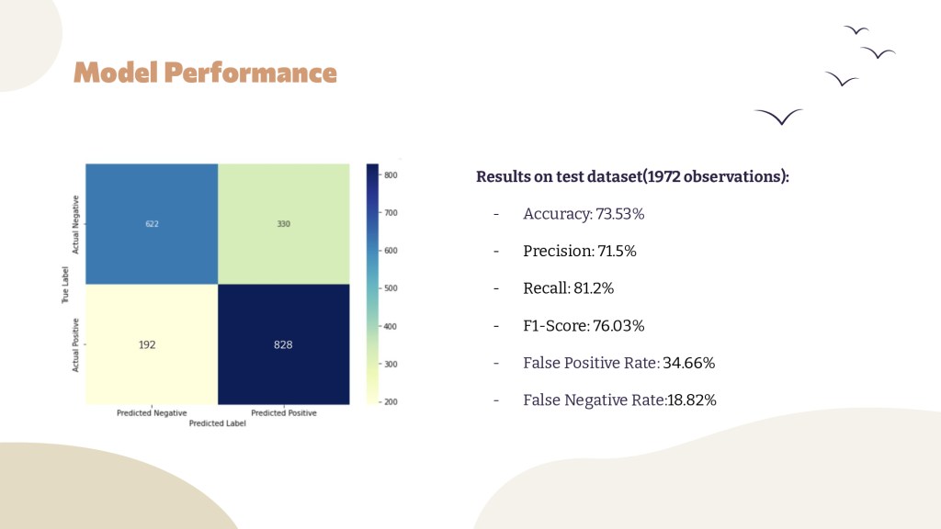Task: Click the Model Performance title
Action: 205,73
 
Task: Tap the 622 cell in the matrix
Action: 152,224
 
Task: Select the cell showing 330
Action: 284,224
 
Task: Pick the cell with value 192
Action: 152,344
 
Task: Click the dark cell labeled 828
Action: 284,344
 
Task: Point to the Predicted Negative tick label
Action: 152,412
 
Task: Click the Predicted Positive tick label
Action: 284,412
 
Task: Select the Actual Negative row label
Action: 75,224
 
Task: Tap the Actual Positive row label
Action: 75,345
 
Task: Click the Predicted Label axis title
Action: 217,422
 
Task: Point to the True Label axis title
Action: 65,285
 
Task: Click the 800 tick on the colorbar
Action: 391,175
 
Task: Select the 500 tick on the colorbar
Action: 391,288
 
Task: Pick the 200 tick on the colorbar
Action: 391,402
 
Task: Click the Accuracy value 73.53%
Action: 620,214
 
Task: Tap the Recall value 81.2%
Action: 594,288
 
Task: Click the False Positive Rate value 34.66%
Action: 689,363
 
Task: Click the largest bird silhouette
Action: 779,117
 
